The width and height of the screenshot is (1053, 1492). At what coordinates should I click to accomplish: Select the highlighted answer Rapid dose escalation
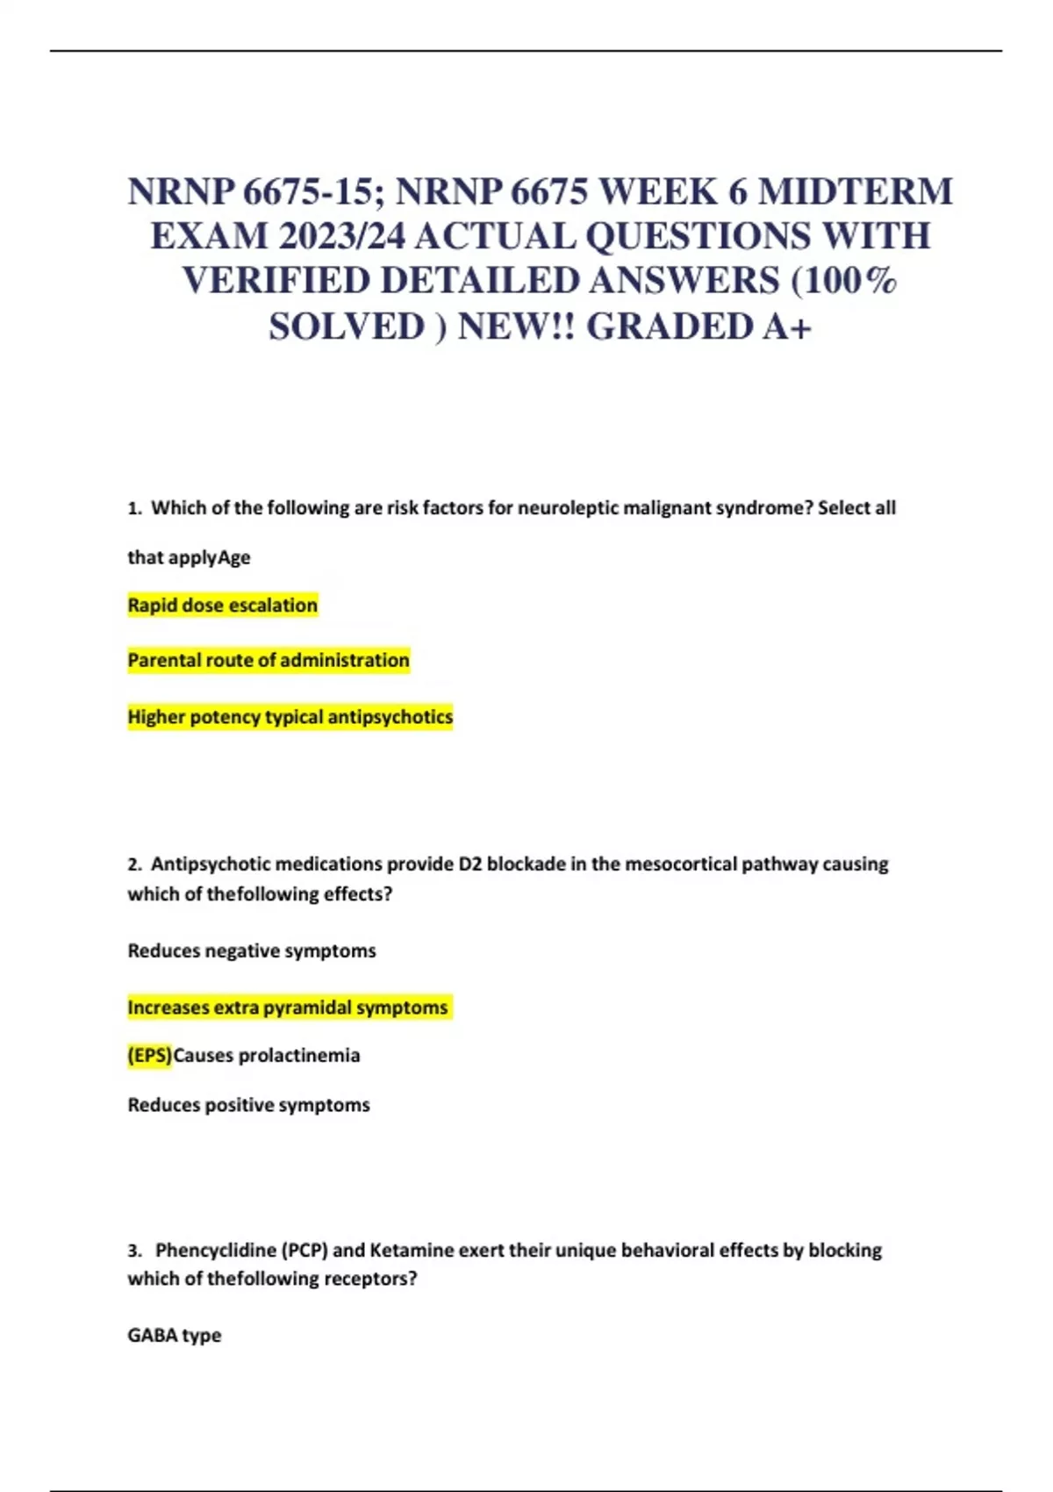tap(223, 606)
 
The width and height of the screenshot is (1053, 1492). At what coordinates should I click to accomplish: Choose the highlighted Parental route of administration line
tap(269, 661)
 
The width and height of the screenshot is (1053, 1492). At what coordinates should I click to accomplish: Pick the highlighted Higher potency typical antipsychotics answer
tap(290, 717)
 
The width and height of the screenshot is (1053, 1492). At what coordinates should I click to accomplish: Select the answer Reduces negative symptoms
tap(252, 951)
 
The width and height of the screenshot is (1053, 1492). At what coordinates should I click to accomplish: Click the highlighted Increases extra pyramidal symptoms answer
tap(288, 1008)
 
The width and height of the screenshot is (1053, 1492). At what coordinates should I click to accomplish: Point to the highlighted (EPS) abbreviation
tap(150, 1056)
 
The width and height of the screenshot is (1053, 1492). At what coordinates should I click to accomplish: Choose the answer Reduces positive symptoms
tap(249, 1105)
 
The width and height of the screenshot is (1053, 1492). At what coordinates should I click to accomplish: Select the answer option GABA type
tap(175, 1336)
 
